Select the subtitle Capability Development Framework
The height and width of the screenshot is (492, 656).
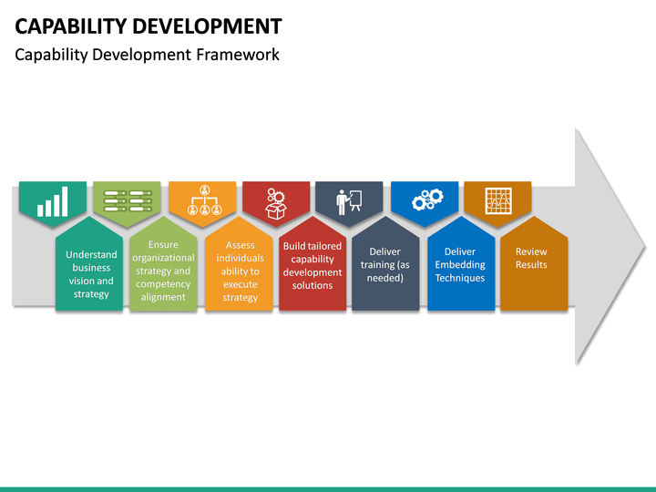point(147,55)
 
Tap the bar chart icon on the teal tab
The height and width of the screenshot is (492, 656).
point(53,201)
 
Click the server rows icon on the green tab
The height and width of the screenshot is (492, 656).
point(127,200)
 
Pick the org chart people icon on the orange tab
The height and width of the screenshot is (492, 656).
point(203,201)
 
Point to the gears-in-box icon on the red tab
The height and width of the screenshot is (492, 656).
point(276,201)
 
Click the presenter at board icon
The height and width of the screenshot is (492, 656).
point(349,201)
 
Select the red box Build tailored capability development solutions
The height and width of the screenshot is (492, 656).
point(313,267)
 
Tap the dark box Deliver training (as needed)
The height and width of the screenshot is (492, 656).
point(385,266)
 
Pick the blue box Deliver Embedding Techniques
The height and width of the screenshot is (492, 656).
point(460,266)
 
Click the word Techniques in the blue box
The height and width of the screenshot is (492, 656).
point(460,278)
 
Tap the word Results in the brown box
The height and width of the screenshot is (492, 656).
point(532,264)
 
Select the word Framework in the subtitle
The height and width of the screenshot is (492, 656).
point(238,55)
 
